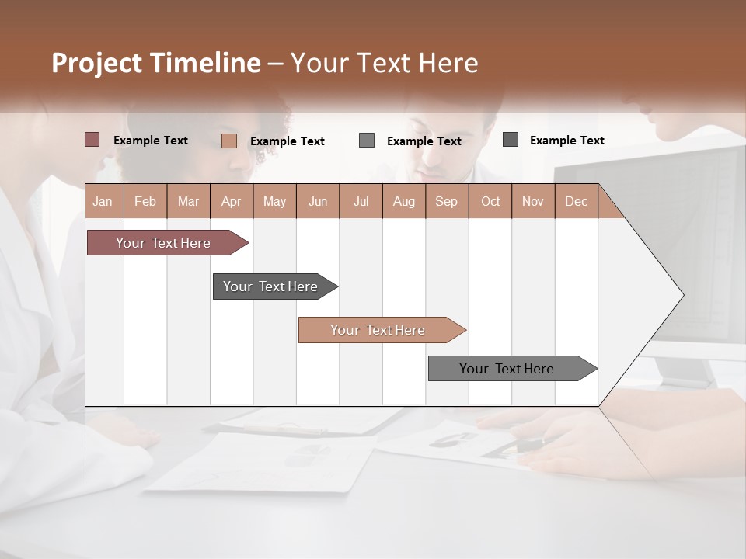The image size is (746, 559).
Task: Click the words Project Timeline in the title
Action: (x=156, y=63)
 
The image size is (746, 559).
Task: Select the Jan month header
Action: (x=103, y=201)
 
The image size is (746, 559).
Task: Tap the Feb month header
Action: (x=145, y=201)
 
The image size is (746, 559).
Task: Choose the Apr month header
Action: (x=231, y=201)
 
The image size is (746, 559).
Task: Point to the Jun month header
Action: (x=318, y=201)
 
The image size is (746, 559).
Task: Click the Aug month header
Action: (x=403, y=201)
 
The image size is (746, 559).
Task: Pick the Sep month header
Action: (x=446, y=201)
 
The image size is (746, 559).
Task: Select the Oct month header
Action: (x=490, y=201)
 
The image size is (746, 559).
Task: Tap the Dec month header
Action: (x=576, y=201)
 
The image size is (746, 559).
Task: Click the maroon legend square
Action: (x=92, y=140)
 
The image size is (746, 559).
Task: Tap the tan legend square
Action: (x=228, y=141)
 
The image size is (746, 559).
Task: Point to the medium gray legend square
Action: (x=367, y=141)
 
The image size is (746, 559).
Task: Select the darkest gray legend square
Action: (x=511, y=140)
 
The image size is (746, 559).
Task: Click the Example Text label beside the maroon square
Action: (x=151, y=141)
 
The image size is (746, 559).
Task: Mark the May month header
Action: (x=274, y=201)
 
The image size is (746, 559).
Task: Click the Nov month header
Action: (x=533, y=201)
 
